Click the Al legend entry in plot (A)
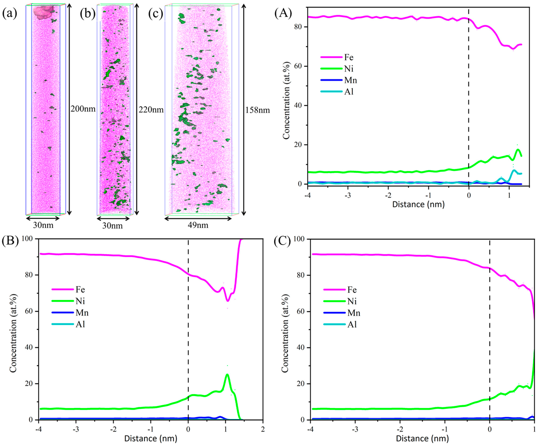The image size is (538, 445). coord(348,91)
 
